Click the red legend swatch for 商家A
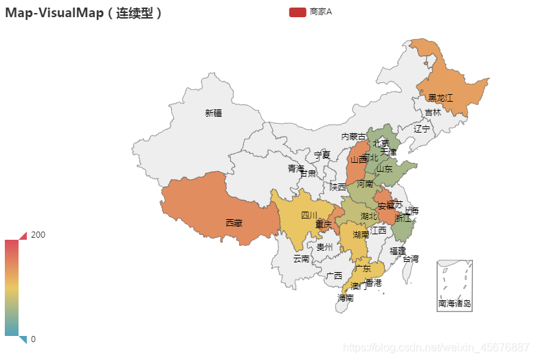(x=297, y=12)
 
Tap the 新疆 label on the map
(x=213, y=113)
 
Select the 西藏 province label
(x=234, y=223)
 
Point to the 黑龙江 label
(x=440, y=98)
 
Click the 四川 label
(x=309, y=215)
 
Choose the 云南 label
(x=301, y=259)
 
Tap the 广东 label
(x=363, y=268)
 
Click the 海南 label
(x=346, y=298)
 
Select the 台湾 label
(x=410, y=259)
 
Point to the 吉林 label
(x=433, y=113)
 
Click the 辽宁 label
(x=422, y=128)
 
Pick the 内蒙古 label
(x=354, y=137)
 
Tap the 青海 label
(x=295, y=168)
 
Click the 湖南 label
(x=361, y=235)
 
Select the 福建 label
(x=397, y=251)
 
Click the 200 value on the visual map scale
(x=38, y=235)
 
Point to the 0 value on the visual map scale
(x=34, y=339)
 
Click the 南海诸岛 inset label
(x=454, y=303)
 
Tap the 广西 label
(x=334, y=275)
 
